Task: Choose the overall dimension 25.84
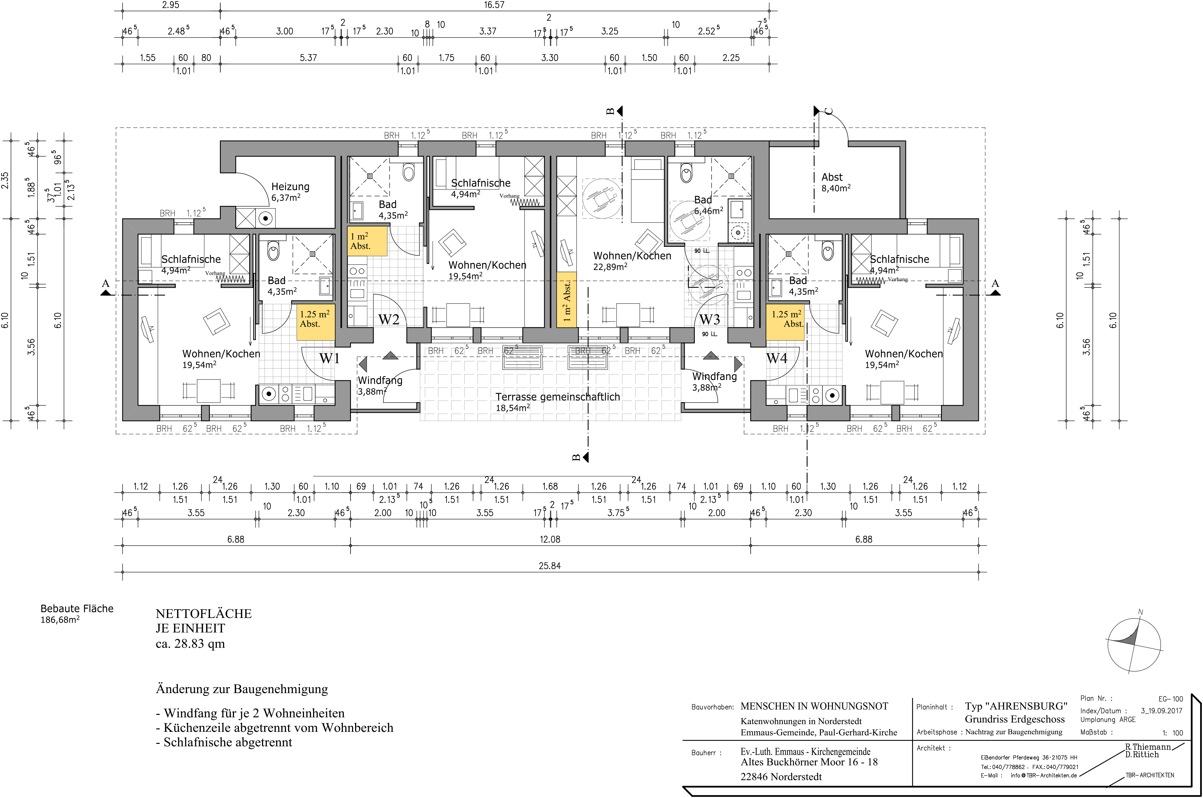pos(549,566)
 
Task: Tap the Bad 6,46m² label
pos(709,204)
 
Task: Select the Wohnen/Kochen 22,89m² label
pos(632,261)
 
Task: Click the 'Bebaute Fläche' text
pos(77,609)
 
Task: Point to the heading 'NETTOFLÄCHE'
pos(204,614)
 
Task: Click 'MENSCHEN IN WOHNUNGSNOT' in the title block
pos(814,706)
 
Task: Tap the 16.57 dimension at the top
pos(494,5)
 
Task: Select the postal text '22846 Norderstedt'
pos(781,777)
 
